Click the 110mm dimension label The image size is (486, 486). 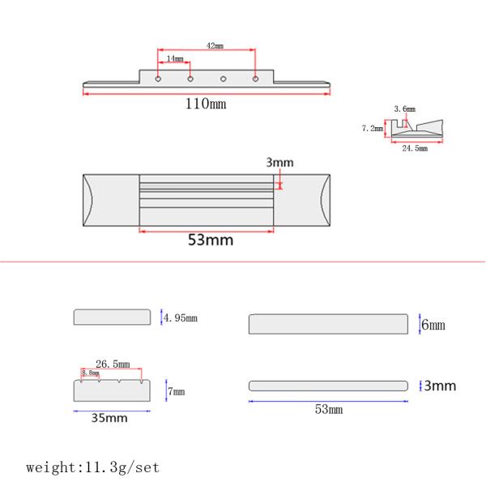click(206, 104)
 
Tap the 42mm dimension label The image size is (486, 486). click(215, 46)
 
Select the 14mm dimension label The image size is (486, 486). click(175, 58)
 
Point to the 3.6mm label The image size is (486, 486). click(404, 109)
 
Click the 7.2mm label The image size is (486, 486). click(373, 128)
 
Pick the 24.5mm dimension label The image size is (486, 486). click(415, 148)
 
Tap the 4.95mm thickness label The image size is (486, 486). click(181, 318)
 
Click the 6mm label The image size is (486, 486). click(433, 325)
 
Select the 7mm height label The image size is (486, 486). click(176, 391)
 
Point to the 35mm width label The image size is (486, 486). click(109, 418)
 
